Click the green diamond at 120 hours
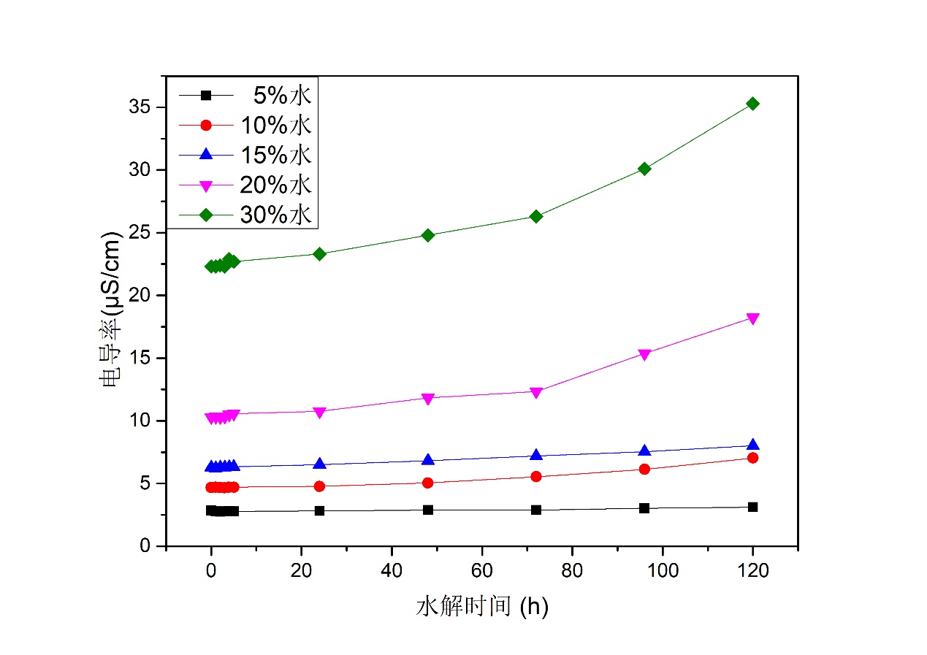tap(752, 104)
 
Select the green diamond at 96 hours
tap(644, 169)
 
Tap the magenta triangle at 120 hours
tap(752, 318)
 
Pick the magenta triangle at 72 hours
tap(536, 392)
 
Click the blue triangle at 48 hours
tap(428, 460)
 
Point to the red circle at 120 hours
tap(752, 458)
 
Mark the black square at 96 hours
tap(644, 508)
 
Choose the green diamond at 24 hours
tap(319, 254)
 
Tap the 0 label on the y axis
tap(145, 546)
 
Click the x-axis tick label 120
tap(752, 572)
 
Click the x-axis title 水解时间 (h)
tap(482, 607)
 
